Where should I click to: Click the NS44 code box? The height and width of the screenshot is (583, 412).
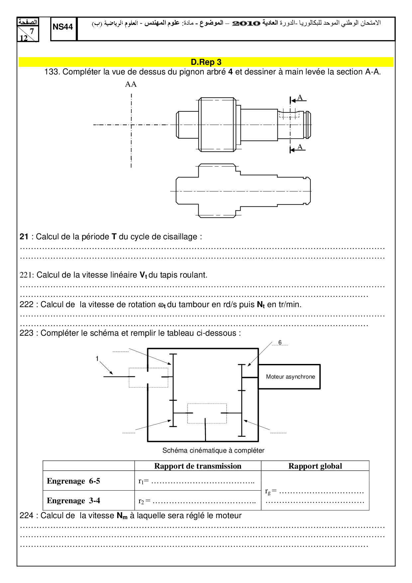pos(63,27)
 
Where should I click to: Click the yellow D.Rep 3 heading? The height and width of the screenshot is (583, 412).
pos(206,62)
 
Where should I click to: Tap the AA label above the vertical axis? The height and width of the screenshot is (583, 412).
pos(131,84)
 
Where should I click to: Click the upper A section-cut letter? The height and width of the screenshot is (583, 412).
pos(300,97)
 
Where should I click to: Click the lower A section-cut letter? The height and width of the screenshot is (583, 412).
pos(300,147)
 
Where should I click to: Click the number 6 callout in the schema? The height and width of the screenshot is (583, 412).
pos(280,342)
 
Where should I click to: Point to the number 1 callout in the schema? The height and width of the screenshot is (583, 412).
pos(97,359)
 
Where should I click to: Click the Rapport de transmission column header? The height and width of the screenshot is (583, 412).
pos(198,466)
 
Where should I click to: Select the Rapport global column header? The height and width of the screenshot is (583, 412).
pos(315,466)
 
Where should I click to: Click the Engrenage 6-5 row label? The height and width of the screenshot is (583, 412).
pos(73,481)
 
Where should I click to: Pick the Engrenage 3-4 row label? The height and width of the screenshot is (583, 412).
pos(73,501)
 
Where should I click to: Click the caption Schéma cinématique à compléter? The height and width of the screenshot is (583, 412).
pos(213,450)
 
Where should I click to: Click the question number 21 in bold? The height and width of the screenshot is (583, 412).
pos(24,237)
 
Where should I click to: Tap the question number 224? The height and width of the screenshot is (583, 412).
pos(27,516)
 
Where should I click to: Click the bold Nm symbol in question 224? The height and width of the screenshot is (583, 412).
pos(122,516)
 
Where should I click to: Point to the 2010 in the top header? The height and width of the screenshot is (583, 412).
pos(246,23)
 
